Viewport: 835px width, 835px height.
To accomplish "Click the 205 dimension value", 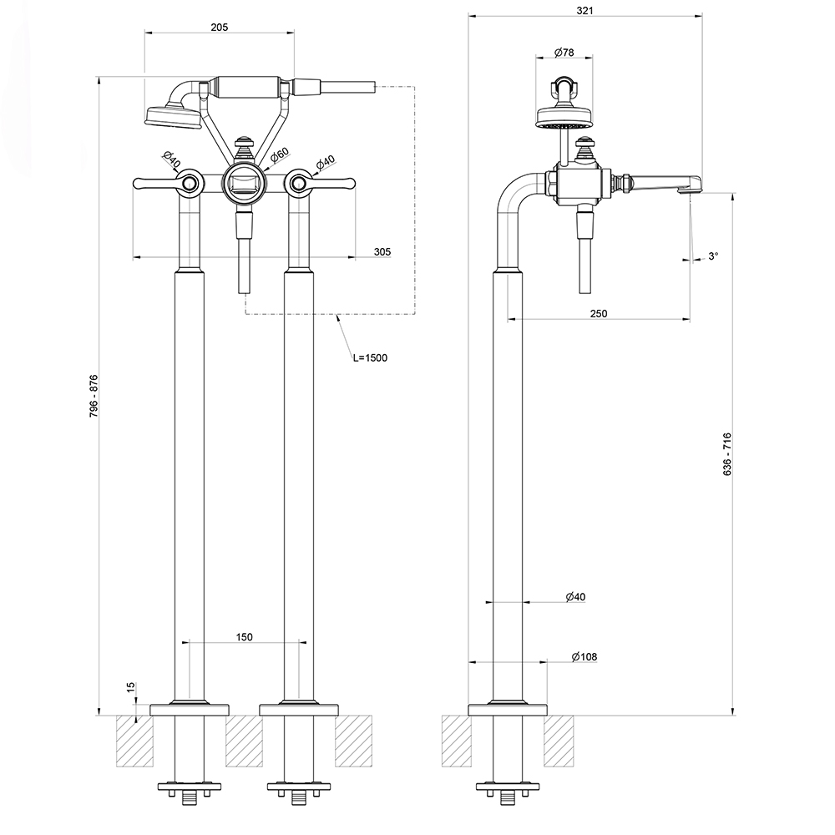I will coord(219,27).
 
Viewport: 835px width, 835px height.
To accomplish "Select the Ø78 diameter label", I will coord(564,53).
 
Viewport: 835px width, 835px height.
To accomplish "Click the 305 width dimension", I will coord(382,251).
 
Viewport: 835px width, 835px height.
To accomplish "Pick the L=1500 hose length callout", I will coord(370,357).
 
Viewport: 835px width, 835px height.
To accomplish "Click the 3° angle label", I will coord(712,256).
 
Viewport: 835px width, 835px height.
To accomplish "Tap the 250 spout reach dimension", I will coord(598,313).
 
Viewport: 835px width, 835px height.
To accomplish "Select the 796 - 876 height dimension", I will coord(94,397).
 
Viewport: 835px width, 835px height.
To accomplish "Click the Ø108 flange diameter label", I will coord(584,657).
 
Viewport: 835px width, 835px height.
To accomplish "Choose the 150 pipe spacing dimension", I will coord(244,637).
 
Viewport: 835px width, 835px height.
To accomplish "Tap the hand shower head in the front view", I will coord(173,116).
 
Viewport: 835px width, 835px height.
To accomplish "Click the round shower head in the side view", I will coord(565,116).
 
